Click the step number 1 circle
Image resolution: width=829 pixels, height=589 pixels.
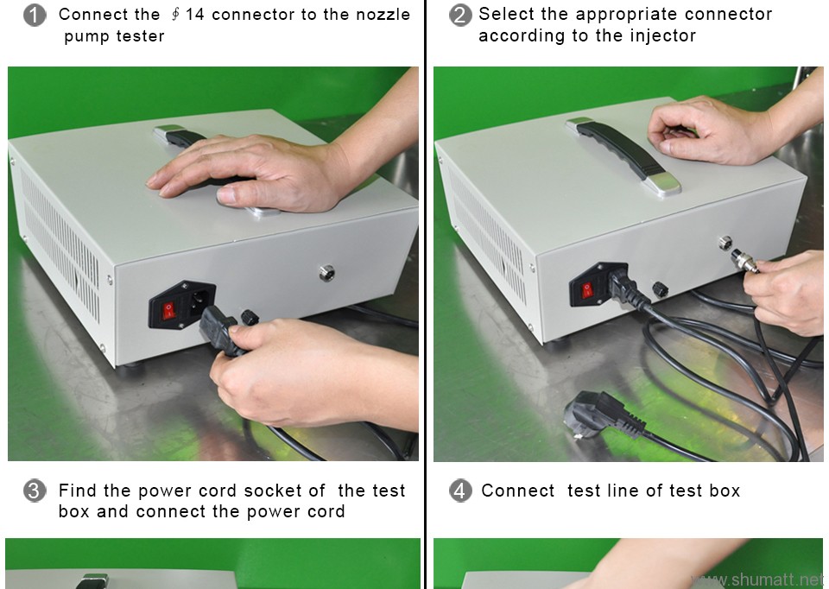[35, 16]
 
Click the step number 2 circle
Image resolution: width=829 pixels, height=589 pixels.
[460, 15]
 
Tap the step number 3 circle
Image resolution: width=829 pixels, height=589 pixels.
[34, 491]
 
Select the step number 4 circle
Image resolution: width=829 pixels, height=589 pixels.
[460, 491]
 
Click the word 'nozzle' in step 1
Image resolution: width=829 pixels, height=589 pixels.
[383, 15]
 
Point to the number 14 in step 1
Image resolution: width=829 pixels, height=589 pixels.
[194, 15]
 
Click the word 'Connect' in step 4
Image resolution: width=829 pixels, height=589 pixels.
[517, 491]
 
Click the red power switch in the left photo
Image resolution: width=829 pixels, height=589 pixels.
[168, 310]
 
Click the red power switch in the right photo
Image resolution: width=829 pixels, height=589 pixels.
[586, 289]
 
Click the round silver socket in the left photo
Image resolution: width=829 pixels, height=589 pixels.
[326, 273]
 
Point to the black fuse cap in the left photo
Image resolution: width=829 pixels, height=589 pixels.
[250, 318]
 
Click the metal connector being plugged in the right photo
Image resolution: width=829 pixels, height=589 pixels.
[744, 263]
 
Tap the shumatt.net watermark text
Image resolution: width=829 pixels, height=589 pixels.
[759, 579]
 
